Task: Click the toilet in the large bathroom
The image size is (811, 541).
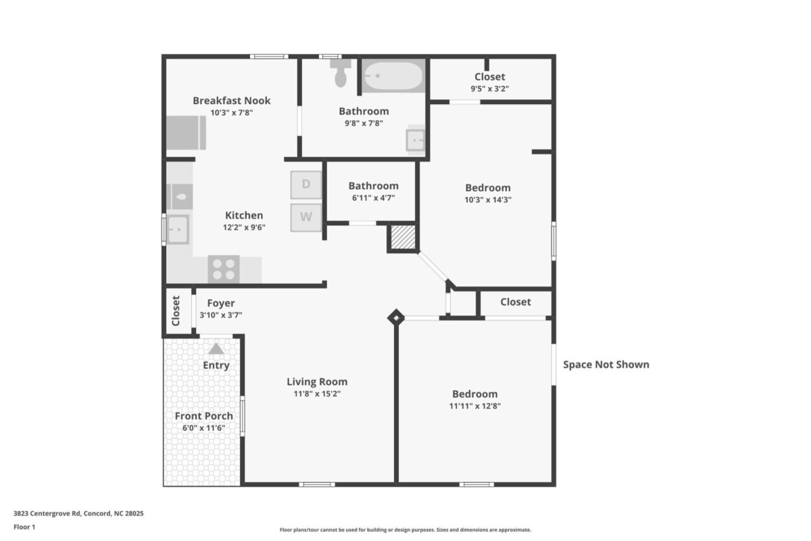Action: coord(341,74)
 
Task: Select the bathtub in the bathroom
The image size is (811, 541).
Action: coord(393,76)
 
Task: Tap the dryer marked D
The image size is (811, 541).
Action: coord(306,185)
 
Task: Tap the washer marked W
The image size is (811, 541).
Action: coord(306,218)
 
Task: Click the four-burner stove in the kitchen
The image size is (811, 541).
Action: coord(224,269)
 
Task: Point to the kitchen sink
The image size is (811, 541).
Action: coord(178,229)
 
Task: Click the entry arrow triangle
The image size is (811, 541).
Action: coord(216,348)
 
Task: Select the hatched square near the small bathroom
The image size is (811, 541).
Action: coord(403,237)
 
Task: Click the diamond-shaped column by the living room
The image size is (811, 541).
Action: coord(396,318)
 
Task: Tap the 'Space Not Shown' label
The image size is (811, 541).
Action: coord(606,364)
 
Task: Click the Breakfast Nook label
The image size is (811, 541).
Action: coord(231,100)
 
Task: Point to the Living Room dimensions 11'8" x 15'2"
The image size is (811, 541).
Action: coord(317,394)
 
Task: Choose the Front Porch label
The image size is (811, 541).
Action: coord(204,416)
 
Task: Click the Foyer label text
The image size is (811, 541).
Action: coord(221,303)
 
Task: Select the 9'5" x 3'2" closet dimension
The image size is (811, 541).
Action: coord(490,89)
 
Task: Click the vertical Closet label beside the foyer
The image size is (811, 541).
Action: coord(176,311)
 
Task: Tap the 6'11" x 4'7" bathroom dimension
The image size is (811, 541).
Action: coord(374,198)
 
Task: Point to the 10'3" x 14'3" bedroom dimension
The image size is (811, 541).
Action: coord(488,199)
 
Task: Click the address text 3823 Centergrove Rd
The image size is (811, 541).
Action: coord(47,513)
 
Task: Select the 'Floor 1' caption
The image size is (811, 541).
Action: coord(24,527)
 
